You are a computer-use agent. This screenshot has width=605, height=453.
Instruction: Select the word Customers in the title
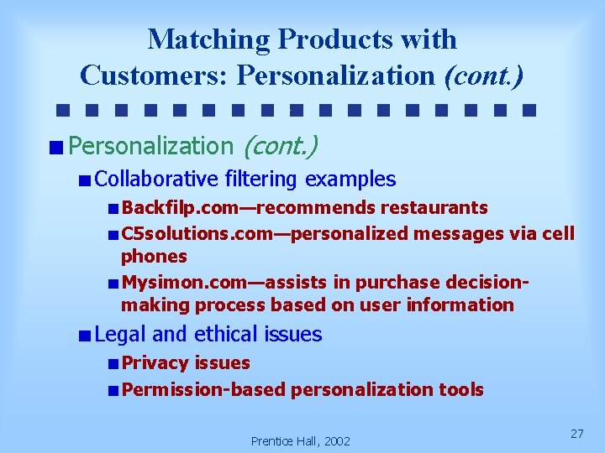tap(155, 75)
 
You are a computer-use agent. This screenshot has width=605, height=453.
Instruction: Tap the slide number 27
tap(576, 434)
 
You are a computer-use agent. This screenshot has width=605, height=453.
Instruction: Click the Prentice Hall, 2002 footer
tap(301, 440)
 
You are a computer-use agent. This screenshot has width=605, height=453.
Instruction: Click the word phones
tap(154, 256)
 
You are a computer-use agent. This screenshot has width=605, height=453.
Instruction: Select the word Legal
tap(121, 334)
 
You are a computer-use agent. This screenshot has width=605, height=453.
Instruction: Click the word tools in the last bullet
tap(460, 389)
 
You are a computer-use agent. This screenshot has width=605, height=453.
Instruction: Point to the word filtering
tap(260, 179)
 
